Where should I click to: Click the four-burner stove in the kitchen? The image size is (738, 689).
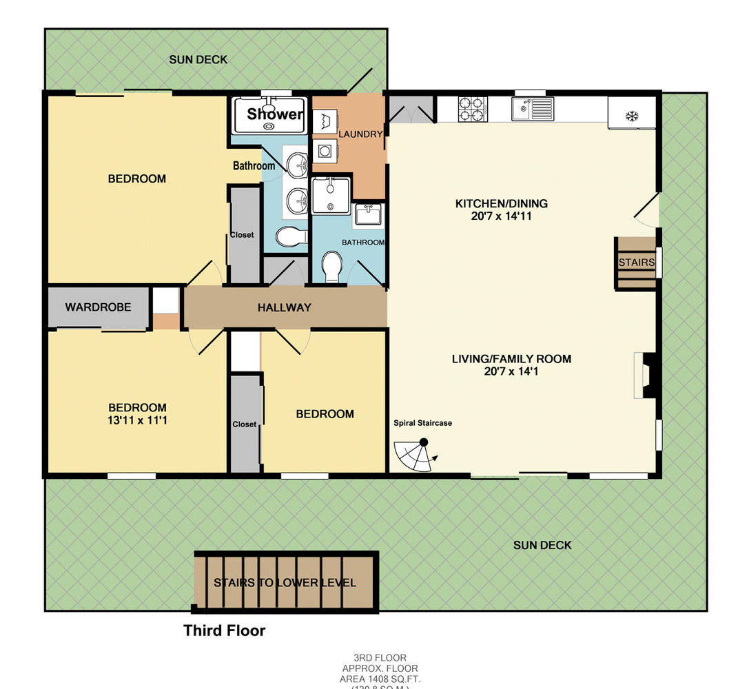473,109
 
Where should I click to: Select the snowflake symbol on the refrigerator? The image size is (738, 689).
631,115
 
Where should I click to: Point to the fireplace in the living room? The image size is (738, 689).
646,375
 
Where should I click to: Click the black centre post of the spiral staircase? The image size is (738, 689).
424,442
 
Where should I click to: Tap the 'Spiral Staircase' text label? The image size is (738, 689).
422,423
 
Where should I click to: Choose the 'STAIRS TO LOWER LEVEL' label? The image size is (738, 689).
285,583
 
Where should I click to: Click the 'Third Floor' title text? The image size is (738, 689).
224,630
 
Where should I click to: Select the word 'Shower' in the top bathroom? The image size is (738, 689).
275,114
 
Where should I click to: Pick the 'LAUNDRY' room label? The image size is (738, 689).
360,134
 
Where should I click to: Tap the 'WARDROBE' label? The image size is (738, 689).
98,307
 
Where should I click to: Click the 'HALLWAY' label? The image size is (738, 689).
285,307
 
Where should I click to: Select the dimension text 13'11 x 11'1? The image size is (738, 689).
137,420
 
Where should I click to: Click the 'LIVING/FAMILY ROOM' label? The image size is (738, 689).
511,359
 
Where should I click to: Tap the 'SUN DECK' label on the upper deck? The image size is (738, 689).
198,60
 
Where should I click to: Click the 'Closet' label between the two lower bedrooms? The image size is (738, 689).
244,424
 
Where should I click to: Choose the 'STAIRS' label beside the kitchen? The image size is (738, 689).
636,263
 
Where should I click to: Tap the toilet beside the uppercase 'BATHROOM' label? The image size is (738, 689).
332,267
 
